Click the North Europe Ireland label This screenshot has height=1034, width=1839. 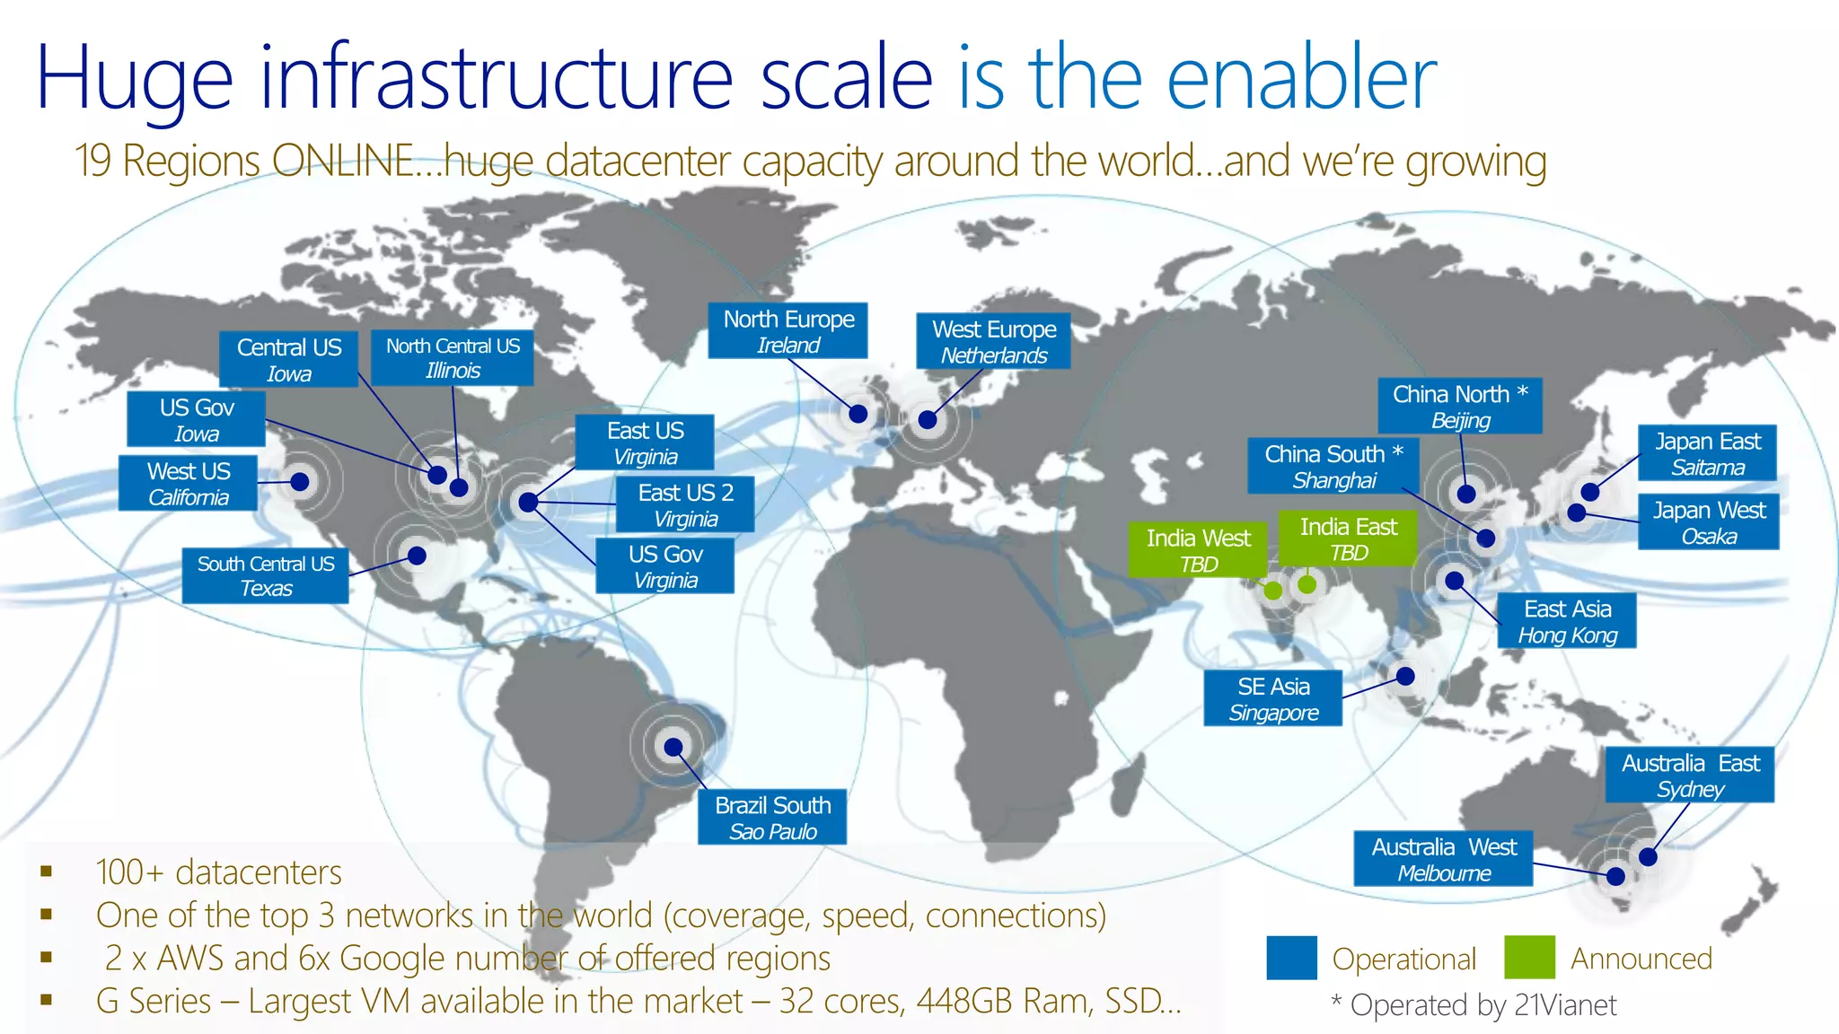tap(788, 331)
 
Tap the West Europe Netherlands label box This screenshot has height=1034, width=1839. tap(993, 341)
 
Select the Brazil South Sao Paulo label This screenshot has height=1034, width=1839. tap(772, 818)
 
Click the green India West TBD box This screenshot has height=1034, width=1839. tap(1198, 549)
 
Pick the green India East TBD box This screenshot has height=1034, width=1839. tap(1347, 539)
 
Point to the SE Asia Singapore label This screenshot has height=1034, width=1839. tap(1272, 698)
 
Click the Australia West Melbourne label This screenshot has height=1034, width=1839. tap(1443, 859)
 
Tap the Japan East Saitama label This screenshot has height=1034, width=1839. tap(1707, 453)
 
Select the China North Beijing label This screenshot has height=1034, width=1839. tap(1460, 406)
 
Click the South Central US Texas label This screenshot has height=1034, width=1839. tap(265, 575)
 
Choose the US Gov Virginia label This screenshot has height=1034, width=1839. tap(664, 565)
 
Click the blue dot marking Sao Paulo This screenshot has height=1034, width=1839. tap(673, 747)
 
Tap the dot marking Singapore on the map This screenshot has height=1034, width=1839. tap(1406, 676)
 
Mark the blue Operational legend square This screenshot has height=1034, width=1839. tap(1291, 958)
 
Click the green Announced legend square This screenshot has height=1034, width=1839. tap(1529, 958)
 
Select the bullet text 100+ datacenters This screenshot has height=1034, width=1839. tap(218, 872)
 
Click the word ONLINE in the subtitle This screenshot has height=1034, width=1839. tap(343, 162)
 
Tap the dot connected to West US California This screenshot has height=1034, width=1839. tap(301, 482)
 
